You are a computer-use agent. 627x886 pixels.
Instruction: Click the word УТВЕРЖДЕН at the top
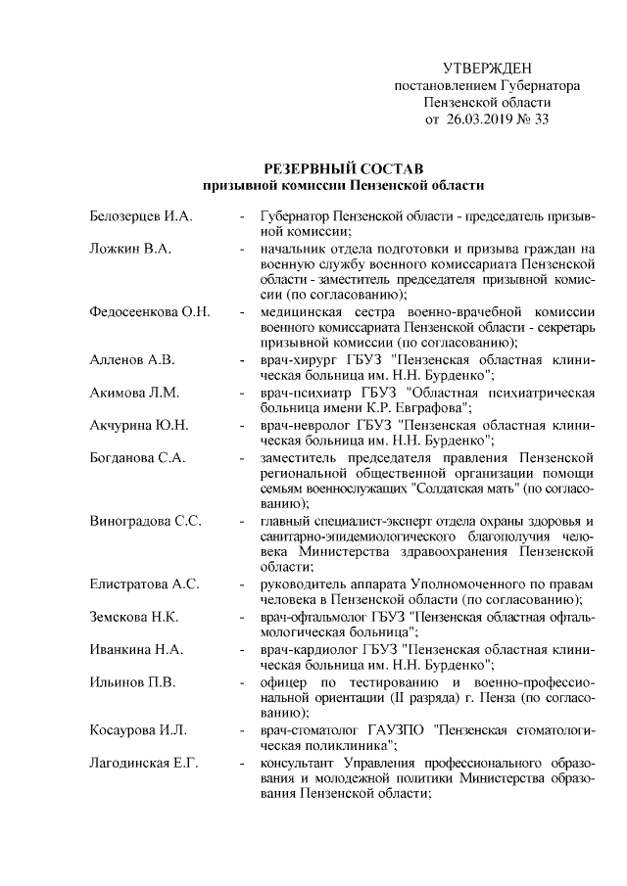pos(487,69)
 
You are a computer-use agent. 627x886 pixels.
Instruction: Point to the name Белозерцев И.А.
pos(140,214)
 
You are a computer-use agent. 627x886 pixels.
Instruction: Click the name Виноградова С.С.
pos(145,520)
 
